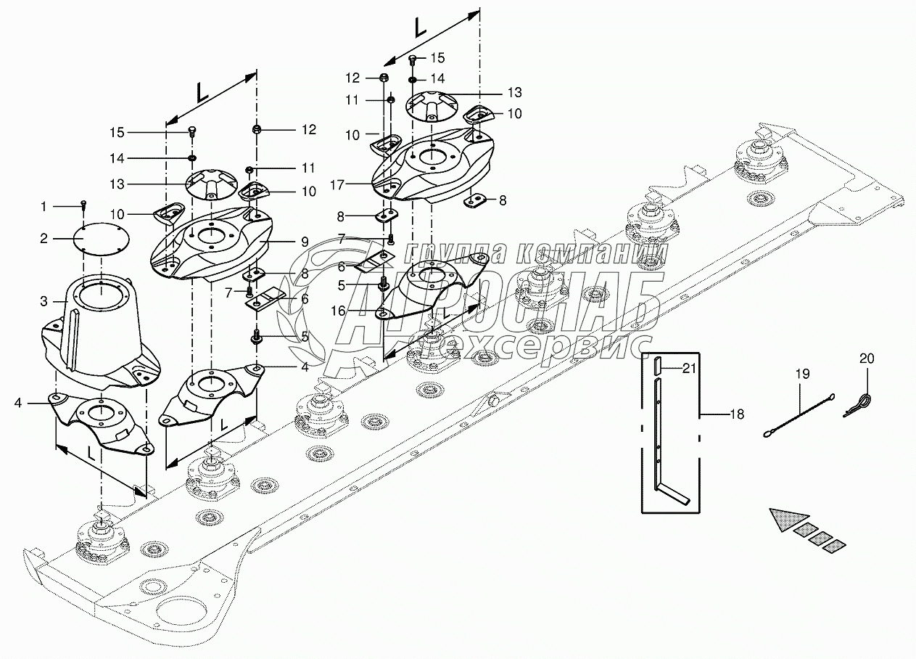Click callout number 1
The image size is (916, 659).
44,207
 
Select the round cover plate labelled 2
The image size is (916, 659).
101,240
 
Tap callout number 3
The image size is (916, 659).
44,302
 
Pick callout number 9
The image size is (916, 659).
305,242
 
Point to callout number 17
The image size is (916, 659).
337,185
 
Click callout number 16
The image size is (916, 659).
338,311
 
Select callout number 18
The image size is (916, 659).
737,414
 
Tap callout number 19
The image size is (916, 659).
803,374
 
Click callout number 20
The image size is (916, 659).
867,359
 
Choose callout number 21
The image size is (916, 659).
689,369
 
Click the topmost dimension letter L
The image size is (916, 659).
421,28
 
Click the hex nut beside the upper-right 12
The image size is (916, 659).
384,78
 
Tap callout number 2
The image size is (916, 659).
44,239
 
